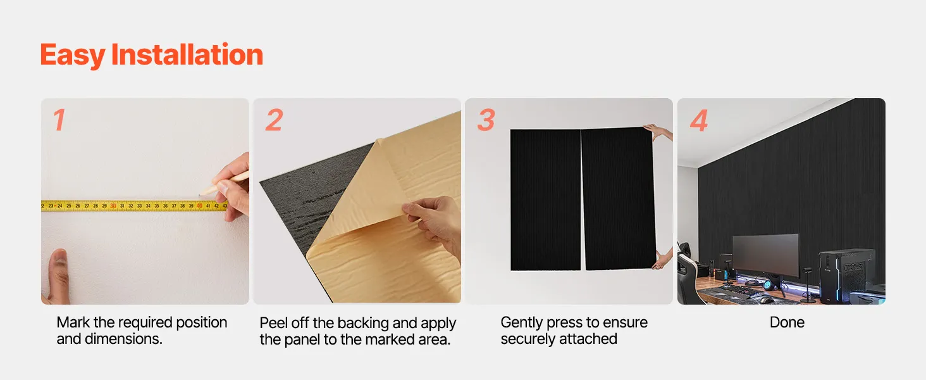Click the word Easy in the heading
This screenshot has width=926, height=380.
72,56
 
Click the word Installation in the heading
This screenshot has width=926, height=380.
187,54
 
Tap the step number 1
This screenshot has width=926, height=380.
59,120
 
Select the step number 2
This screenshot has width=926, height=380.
274,120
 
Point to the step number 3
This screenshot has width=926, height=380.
486,120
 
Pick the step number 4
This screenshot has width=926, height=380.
699,120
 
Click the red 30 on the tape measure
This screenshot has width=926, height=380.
113,206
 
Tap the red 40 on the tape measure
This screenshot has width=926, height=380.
199,206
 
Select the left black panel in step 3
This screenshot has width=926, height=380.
546,200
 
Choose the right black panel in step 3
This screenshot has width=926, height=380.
617,198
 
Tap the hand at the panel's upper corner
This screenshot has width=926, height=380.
658,132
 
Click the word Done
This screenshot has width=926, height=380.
787,322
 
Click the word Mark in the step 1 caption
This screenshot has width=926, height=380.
73,322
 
